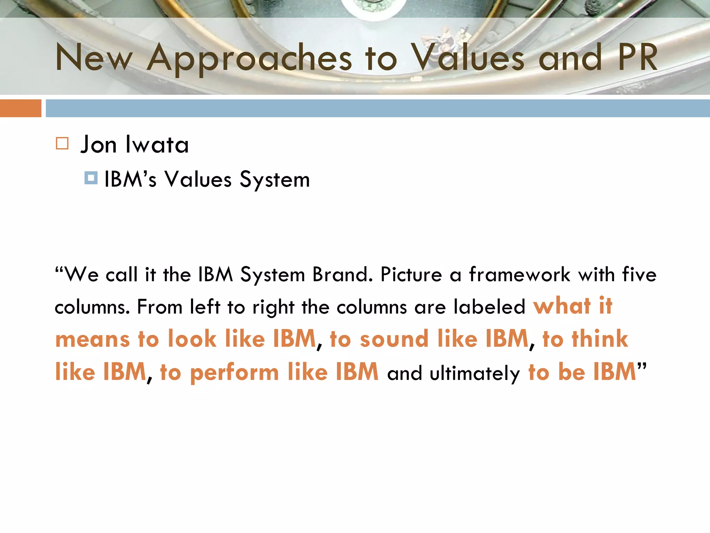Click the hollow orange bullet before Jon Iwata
pos(62,143)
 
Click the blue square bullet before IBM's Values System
pos(91,178)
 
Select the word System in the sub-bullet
pos(275,180)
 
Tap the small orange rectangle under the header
pos(20,108)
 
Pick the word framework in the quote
pos(519,274)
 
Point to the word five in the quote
pos(639,274)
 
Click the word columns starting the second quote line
pos(92,307)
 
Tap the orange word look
pos(192,339)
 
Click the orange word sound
pos(394,339)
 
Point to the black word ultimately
pos(475,373)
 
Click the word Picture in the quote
pos(411,274)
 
